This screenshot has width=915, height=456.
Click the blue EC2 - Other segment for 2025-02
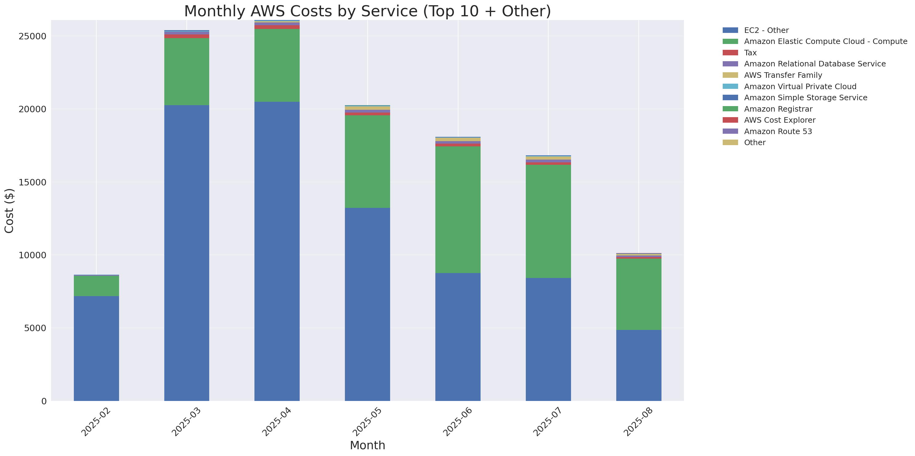[x=96, y=348]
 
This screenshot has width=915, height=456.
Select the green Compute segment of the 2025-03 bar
[x=186, y=72]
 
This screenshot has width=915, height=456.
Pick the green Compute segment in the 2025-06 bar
[x=458, y=209]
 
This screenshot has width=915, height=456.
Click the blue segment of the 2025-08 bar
[x=639, y=365]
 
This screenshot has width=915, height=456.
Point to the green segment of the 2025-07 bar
[x=548, y=221]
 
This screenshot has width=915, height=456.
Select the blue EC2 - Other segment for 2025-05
[x=367, y=304]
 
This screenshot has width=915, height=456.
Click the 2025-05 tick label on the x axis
[x=367, y=422]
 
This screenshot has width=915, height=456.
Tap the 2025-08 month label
[x=639, y=422]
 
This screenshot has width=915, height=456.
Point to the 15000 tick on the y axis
[x=32, y=182]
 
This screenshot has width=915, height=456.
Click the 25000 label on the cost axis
[x=32, y=37]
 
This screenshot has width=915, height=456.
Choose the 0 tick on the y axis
[x=44, y=401]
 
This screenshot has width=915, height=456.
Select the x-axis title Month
[x=367, y=445]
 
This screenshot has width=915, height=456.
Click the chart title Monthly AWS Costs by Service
[x=367, y=11]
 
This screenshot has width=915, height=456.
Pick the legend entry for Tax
[x=750, y=53]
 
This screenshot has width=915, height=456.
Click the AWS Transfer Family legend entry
[x=783, y=75]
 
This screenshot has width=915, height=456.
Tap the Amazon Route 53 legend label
[x=778, y=132]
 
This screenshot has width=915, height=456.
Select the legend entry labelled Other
[x=755, y=143]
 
